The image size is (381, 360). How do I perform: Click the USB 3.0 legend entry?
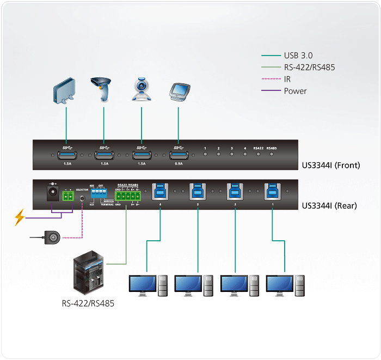point(297,56)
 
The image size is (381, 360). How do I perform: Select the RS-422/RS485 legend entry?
point(309,68)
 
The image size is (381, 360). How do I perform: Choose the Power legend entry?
point(295,91)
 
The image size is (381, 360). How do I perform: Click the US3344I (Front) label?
point(331,165)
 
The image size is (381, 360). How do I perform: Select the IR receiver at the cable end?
point(53,237)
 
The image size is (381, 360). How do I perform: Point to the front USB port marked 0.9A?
point(178,155)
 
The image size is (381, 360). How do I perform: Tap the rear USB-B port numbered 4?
point(161,192)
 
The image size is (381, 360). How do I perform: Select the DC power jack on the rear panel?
point(53,194)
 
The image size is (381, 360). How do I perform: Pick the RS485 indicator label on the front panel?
point(272,148)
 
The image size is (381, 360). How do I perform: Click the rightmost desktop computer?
point(285,285)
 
